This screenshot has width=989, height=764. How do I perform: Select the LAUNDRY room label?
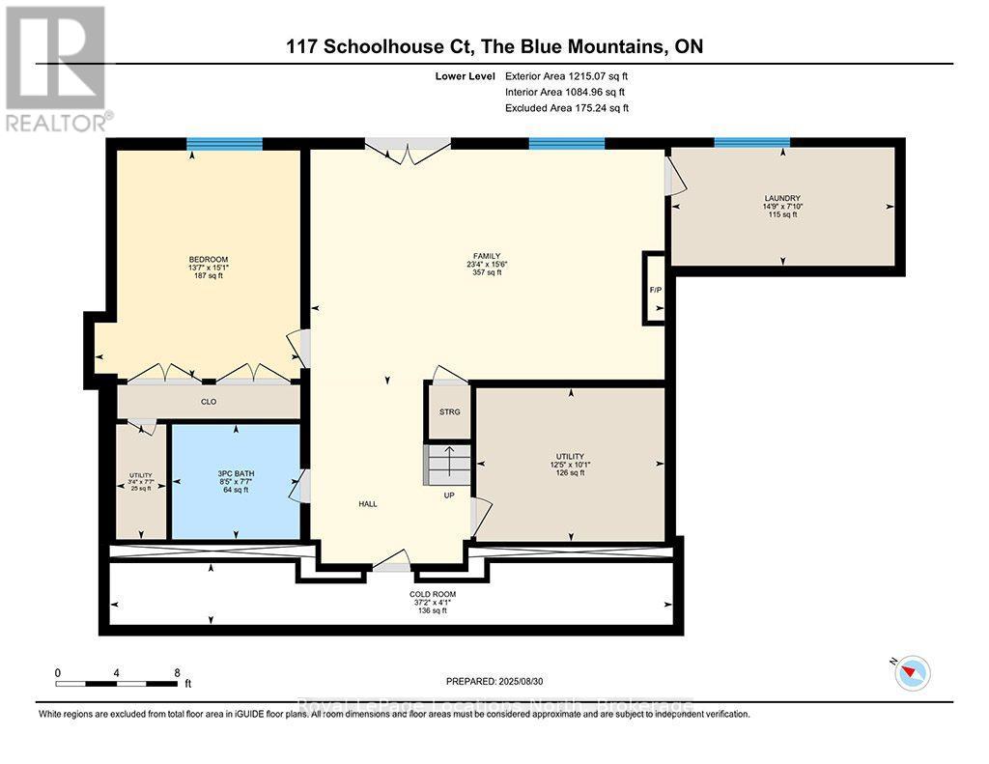tap(781, 198)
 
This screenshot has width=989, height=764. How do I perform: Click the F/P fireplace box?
tap(655, 287)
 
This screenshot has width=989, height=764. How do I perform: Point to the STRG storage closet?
tap(450, 411)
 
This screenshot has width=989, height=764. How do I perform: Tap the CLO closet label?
tap(208, 402)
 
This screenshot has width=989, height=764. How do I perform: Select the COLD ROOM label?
tap(432, 594)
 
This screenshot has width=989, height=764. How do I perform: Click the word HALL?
tap(367, 503)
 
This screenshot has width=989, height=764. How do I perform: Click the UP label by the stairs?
tap(448, 495)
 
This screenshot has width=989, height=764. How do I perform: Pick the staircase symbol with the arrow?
tap(447, 465)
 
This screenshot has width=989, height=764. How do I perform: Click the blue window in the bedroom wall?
tap(224, 145)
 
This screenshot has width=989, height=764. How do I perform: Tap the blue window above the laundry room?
tap(751, 143)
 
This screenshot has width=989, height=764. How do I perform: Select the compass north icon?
tap(912, 672)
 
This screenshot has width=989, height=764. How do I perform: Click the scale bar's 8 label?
tap(177, 672)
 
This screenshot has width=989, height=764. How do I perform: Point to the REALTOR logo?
tap(55, 68)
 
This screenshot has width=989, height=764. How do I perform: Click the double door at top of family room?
tap(408, 150)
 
